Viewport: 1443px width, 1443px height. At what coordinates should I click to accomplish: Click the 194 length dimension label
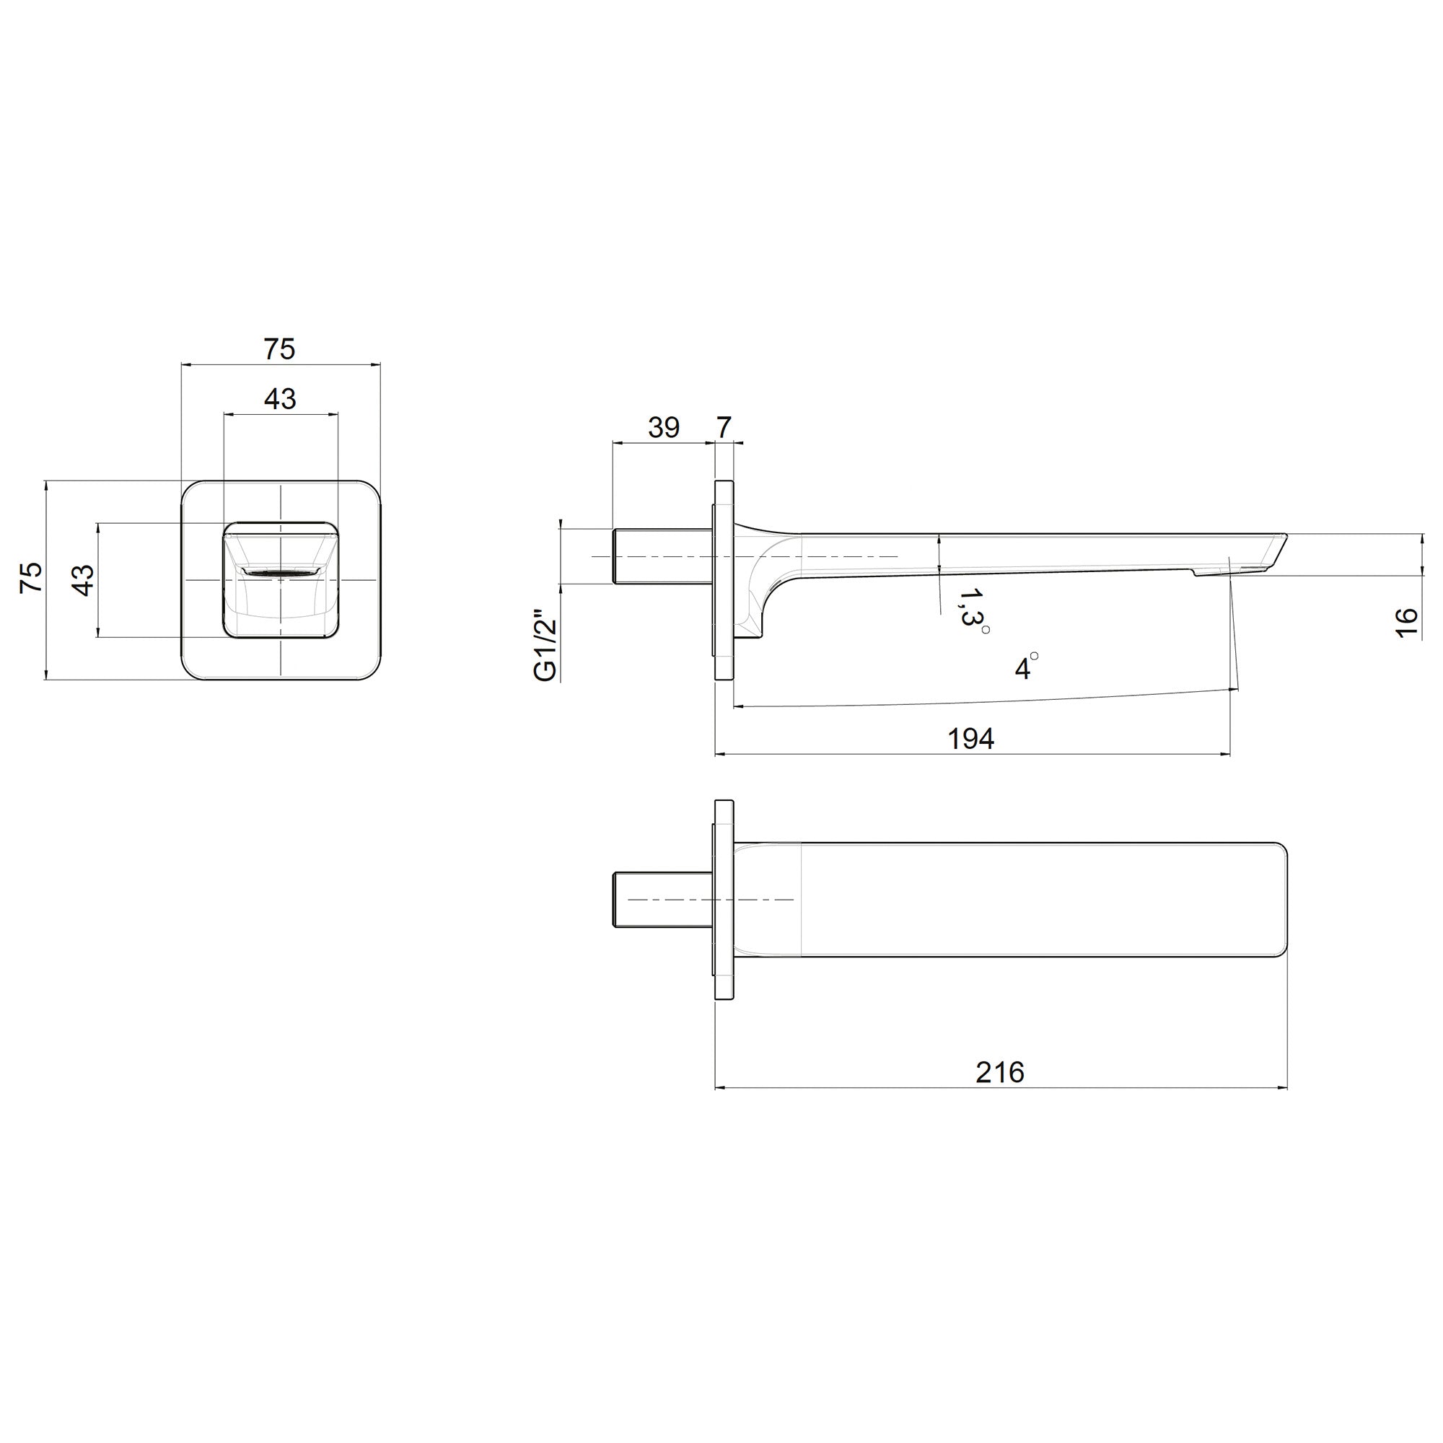(x=971, y=739)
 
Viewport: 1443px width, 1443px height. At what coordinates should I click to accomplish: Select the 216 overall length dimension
(x=1000, y=1073)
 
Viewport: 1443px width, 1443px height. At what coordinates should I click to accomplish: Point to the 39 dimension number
(x=663, y=427)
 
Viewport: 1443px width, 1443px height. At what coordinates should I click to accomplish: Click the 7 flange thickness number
(x=724, y=427)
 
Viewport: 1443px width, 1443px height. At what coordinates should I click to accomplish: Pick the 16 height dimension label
(x=1405, y=622)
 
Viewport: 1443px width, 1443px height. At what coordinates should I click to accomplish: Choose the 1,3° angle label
(x=973, y=609)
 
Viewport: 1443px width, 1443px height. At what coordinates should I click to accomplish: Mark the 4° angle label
(x=1026, y=665)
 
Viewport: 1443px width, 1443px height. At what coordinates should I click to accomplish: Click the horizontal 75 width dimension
(x=279, y=348)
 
